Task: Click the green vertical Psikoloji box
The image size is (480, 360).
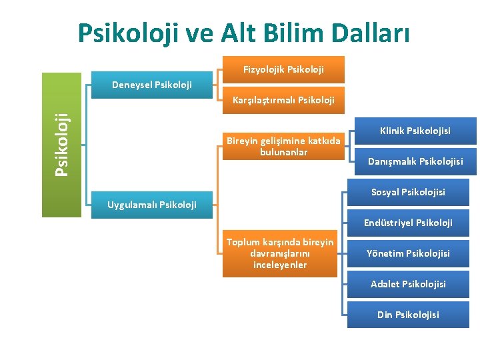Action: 62,144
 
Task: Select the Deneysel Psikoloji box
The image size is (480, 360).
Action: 151,85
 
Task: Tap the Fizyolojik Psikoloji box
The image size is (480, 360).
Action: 283,69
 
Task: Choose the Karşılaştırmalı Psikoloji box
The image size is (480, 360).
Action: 283,101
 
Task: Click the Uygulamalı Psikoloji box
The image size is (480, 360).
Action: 152,205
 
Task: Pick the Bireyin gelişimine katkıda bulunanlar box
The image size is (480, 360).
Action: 283,147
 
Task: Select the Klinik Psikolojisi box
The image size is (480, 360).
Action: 415,131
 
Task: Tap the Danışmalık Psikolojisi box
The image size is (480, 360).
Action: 415,161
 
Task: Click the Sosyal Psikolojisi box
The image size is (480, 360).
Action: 408,192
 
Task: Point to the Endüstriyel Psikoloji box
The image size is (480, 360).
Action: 408,223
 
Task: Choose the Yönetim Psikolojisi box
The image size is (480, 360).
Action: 408,253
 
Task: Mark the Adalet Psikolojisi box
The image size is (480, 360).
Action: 408,284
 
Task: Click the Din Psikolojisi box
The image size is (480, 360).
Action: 408,315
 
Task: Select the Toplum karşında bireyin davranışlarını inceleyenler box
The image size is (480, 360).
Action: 280,253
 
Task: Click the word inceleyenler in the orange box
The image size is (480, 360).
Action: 280,265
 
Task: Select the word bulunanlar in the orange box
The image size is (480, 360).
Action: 283,153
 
